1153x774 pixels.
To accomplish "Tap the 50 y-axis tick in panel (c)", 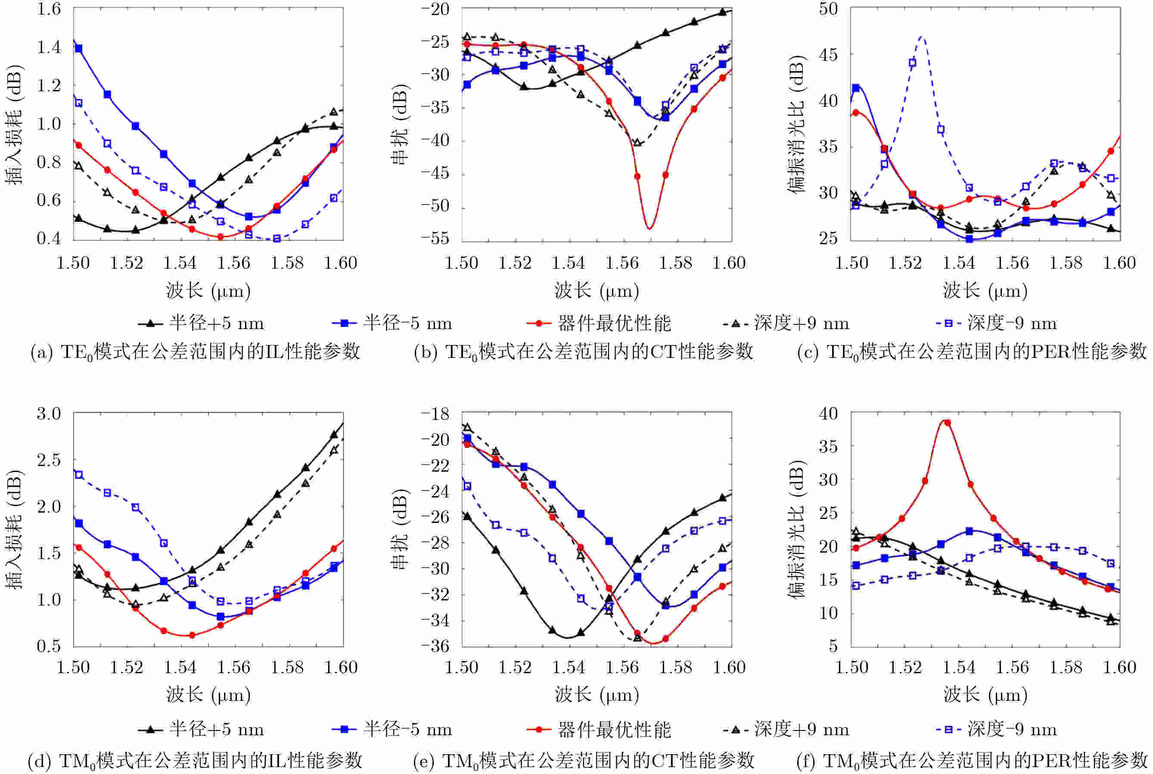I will [828, 9].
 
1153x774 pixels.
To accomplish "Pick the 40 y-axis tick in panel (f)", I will [828, 413].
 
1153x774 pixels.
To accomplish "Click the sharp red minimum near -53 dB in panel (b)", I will [650, 228].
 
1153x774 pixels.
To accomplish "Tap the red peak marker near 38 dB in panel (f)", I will [947, 423].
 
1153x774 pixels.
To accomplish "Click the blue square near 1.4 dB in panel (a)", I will [78, 48].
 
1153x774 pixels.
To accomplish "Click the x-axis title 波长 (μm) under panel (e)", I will [597, 695].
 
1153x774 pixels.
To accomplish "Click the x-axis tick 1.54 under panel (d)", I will [180, 667].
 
